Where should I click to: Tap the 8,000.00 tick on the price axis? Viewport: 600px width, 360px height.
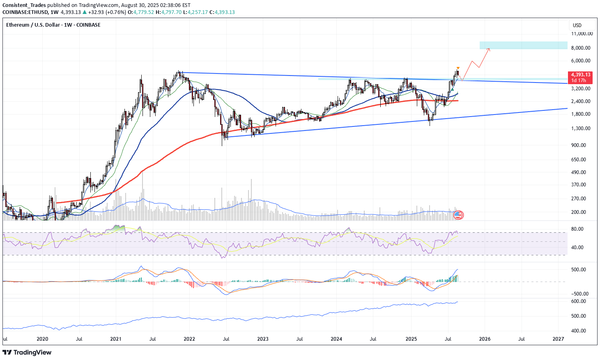tap(581, 48)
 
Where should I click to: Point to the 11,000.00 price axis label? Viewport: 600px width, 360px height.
tap(581, 34)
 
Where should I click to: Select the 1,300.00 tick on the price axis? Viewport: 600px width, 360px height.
tap(581, 128)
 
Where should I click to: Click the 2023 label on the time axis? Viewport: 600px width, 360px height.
tap(263, 339)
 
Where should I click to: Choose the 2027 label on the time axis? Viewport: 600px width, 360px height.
tap(558, 339)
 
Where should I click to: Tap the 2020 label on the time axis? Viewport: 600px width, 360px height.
tap(42, 339)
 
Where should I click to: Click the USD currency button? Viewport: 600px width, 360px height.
tap(577, 25)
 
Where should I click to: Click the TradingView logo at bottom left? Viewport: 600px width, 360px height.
tap(27, 353)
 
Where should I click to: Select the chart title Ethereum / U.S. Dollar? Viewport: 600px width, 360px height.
tap(33, 25)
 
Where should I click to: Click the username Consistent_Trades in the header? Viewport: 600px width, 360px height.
tap(24, 5)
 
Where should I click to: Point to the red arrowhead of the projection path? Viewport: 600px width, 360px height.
tap(489, 49)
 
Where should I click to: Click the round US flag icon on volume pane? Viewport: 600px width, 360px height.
tap(458, 215)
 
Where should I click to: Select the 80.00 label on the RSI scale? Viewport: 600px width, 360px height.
tap(577, 229)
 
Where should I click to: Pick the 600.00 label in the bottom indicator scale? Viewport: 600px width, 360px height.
tap(578, 301)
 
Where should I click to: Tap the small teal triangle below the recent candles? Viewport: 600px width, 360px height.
tap(452, 89)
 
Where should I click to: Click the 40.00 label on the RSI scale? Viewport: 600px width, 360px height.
tap(577, 248)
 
